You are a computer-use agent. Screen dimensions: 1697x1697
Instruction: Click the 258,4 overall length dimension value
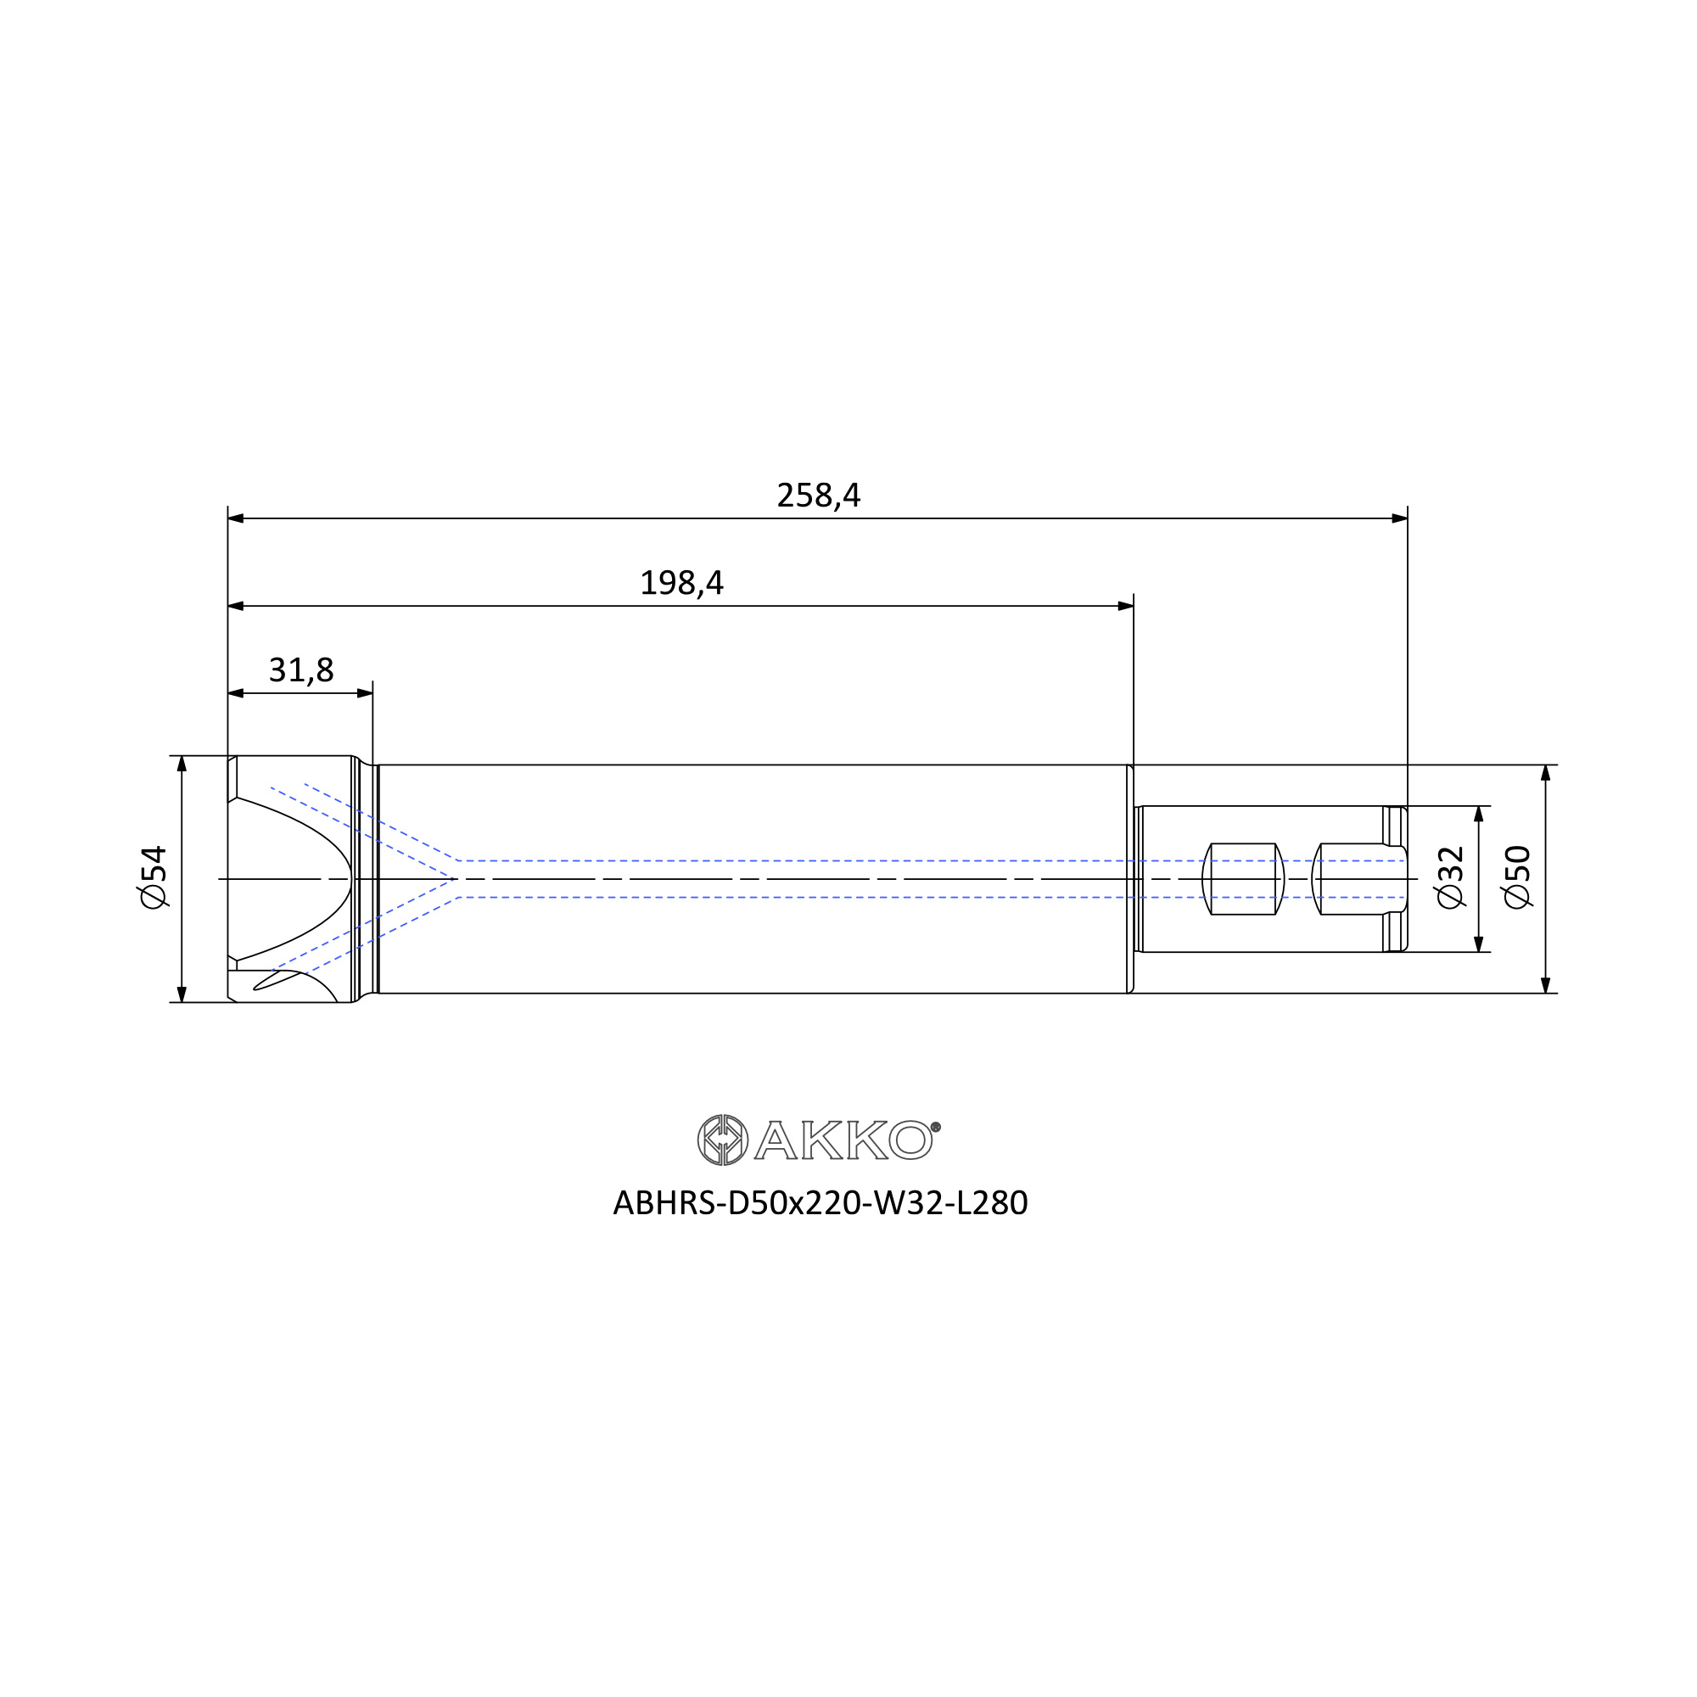pos(819,496)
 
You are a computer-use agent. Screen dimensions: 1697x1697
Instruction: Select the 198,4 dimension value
pos(681,582)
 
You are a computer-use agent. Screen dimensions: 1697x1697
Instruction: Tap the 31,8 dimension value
pos(301,670)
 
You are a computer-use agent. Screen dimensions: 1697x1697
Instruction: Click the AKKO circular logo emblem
pos(723,1140)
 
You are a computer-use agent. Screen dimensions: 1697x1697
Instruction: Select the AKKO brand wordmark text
pos(844,1140)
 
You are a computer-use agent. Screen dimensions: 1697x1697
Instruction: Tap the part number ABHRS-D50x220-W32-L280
pos(820,1203)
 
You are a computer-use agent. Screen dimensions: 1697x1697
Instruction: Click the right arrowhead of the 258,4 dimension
pos(1399,518)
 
